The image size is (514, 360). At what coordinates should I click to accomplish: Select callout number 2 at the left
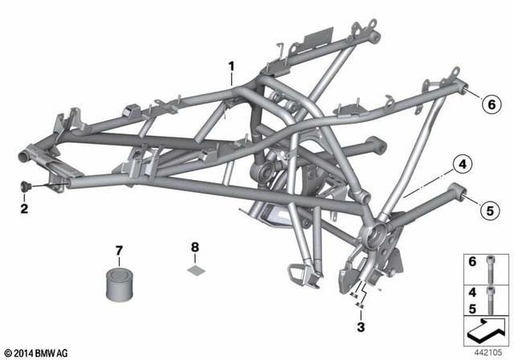pyautogui.click(x=24, y=209)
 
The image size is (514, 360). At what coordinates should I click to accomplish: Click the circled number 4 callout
pyautogui.click(x=462, y=164)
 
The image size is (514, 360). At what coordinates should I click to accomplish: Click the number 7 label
pyautogui.click(x=119, y=251)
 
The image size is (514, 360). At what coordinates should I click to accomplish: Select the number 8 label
pyautogui.click(x=194, y=247)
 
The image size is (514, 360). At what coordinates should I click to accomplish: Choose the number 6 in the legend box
pyautogui.click(x=472, y=261)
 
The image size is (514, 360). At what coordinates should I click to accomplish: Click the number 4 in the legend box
pyautogui.click(x=472, y=292)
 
